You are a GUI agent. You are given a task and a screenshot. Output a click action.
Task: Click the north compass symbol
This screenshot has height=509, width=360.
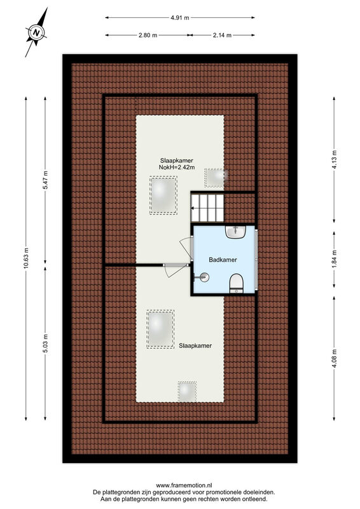[36, 32]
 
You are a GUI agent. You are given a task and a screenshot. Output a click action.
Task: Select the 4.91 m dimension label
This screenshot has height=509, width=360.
[180, 18]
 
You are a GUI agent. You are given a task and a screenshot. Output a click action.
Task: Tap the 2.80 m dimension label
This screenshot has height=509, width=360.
[148, 35]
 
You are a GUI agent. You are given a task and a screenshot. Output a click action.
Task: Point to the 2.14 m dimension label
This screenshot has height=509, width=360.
[222, 35]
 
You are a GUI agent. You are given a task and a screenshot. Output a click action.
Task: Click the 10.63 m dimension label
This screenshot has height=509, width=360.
[26, 258]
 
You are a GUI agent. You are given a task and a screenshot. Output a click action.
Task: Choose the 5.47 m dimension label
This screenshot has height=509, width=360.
[45, 180]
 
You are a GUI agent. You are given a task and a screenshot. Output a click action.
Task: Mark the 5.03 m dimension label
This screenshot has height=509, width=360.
[45, 344]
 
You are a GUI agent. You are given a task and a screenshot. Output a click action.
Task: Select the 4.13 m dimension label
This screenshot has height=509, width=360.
[335, 159]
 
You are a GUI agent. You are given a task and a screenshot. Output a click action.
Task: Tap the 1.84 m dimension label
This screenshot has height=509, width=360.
[335, 260]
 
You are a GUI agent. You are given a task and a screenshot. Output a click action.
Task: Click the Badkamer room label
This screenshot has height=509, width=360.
[223, 260]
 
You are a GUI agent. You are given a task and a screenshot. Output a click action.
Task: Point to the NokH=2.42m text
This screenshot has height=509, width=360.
[177, 167]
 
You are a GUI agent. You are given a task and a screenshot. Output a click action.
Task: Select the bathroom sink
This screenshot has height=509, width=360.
[236, 232]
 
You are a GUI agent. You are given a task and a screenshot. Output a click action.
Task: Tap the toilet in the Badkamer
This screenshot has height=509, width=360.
[237, 283]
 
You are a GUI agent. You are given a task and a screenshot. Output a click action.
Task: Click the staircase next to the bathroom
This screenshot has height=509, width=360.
[207, 208]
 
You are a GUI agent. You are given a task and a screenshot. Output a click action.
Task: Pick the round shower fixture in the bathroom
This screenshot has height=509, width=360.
[204, 277]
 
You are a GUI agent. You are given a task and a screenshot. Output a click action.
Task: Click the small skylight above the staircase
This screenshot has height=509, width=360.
[215, 178]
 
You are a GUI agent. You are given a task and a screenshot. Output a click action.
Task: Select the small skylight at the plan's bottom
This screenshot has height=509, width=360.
[187, 391]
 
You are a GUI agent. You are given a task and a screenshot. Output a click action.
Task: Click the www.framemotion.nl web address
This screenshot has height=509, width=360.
[184, 485]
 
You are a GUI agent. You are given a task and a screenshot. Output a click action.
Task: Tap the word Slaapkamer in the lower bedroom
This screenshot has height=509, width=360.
[195, 345]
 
